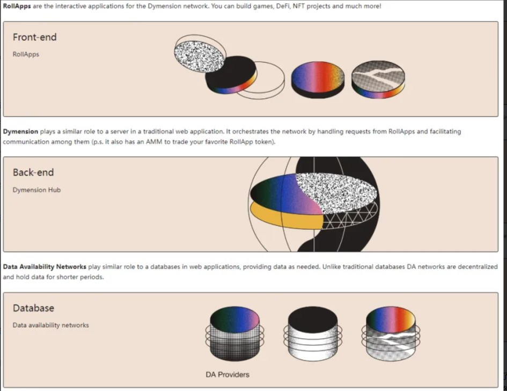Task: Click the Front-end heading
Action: [34, 37]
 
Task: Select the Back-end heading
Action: [33, 172]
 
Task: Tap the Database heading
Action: [33, 308]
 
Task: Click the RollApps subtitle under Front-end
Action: [26, 54]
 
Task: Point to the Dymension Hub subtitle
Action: [36, 190]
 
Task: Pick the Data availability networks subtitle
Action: [50, 325]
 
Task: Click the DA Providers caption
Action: [227, 374]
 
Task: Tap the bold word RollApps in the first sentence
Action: [17, 6]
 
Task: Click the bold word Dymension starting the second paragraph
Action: [20, 132]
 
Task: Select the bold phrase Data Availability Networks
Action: [45, 267]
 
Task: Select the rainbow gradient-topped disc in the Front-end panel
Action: [318, 79]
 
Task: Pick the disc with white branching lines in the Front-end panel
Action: [378, 79]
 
